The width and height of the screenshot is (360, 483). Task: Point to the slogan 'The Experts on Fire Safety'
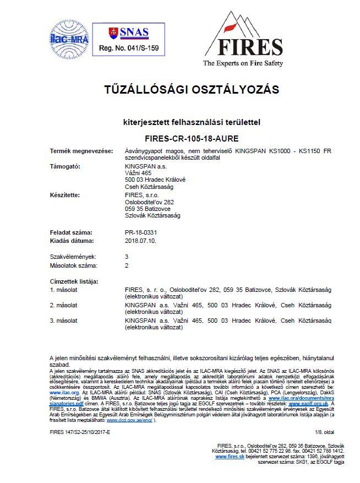(x=243, y=63)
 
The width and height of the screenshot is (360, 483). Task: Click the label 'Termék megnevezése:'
(x=81, y=151)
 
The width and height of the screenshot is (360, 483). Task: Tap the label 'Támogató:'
(x=66, y=166)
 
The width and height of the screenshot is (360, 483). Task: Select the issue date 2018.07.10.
(x=141, y=241)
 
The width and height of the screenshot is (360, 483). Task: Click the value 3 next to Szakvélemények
(x=127, y=257)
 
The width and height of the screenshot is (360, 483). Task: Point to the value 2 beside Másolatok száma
(x=127, y=265)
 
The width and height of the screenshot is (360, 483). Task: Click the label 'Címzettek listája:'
(x=74, y=281)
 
